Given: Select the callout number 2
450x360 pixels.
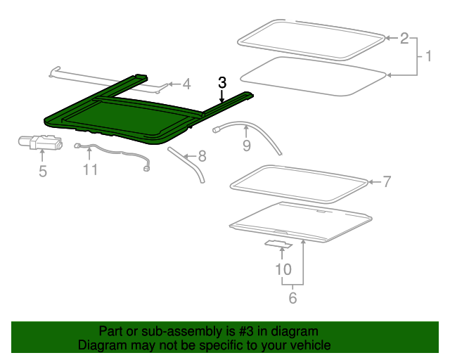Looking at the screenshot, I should point(404,38).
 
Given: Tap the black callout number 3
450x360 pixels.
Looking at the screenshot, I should point(222,82).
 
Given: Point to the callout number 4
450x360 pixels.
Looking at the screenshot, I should point(186,84).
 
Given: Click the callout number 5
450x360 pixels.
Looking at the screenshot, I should point(43,171).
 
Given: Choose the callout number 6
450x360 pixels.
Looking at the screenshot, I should point(292,298).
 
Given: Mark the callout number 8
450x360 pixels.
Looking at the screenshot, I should point(202,155).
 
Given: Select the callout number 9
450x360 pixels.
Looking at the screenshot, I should point(246,146).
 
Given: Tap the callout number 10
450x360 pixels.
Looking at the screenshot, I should point(283,269).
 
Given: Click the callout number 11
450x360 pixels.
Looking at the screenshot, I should point(89,169).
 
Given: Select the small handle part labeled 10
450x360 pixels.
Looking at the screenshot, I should point(278,244).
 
